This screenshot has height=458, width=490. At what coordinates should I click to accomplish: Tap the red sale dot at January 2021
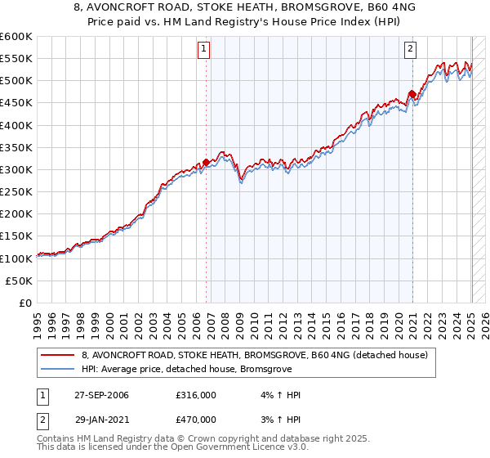coord(412,95)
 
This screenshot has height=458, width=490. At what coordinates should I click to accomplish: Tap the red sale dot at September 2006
coord(206,163)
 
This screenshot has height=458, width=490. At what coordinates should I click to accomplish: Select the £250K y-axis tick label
coord(16,191)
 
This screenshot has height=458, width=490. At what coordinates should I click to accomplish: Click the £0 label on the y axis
coord(24,303)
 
